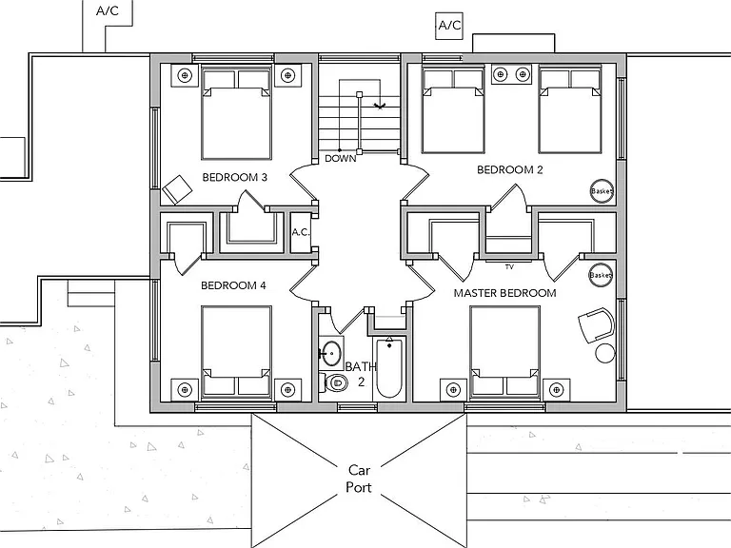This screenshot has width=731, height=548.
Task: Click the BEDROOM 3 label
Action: click(234, 178)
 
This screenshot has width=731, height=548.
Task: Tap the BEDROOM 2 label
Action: click(510, 169)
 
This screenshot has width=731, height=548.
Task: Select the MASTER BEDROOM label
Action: click(504, 293)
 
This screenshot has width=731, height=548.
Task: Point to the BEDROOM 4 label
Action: click(233, 285)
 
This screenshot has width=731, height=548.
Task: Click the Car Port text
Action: click(359, 479)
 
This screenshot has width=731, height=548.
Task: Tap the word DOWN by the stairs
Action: click(341, 159)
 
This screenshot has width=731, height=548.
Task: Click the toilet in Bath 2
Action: click(334, 383)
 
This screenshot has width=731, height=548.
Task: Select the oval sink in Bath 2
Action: click(331, 353)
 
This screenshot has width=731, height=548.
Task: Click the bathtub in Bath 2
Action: click(389, 367)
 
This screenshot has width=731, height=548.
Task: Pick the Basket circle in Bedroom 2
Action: click(602, 191)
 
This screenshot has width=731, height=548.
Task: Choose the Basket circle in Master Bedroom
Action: click(601, 275)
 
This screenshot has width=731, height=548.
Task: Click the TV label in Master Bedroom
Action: click(509, 267)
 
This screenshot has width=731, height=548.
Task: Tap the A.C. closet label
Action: click(301, 232)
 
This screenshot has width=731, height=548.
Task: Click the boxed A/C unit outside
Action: click(449, 25)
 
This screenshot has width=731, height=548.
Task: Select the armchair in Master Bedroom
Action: click(597, 324)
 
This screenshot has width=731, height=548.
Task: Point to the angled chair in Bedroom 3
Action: click(177, 189)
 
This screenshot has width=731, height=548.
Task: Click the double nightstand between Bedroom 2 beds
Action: click(511, 74)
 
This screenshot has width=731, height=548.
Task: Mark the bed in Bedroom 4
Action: click(236, 353)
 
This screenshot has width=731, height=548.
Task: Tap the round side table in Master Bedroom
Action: click(605, 353)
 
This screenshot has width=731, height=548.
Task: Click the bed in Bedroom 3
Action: click(236, 113)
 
